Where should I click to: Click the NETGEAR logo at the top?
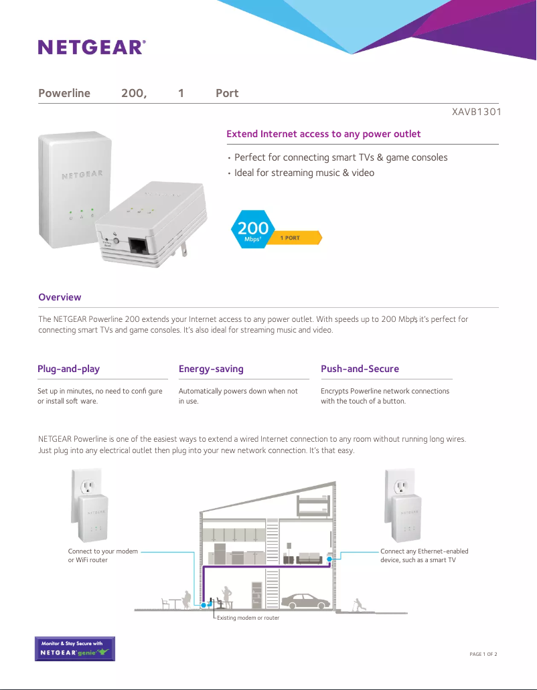pos(92,47)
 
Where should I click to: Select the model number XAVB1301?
pos(477,112)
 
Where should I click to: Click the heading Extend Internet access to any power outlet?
pos(323,134)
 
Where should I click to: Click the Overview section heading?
pos(60,297)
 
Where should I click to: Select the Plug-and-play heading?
pos(68,369)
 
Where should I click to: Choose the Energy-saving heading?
pos(211,369)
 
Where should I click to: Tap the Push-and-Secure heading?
pos(360,369)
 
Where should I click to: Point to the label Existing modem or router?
pos(248,618)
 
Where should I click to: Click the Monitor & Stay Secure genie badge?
pos(75,649)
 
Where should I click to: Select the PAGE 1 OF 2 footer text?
pos(483,654)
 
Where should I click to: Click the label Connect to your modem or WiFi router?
pos(102,555)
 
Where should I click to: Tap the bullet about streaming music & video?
pos(304,173)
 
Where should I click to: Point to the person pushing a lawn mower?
pos(359,603)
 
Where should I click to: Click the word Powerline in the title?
pos(64,93)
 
